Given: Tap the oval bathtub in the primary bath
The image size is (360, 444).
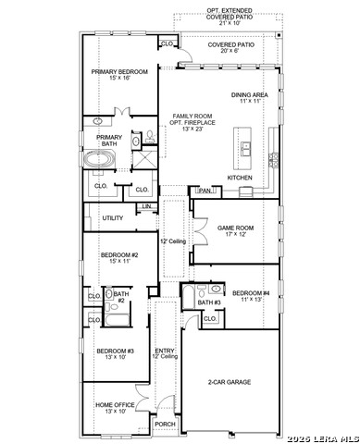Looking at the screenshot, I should click(x=99, y=160).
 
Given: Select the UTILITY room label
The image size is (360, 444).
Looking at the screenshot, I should click(x=112, y=218).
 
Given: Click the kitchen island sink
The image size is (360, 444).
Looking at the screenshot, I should click(x=246, y=147).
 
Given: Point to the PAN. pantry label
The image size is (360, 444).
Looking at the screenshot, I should click(x=205, y=191).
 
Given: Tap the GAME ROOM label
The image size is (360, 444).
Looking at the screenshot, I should click(x=235, y=228).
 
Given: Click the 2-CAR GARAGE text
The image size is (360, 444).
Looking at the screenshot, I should click(x=230, y=381).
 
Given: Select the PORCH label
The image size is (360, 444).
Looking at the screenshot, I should click(x=165, y=424).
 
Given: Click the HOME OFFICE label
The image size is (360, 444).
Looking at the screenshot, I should click(x=115, y=405).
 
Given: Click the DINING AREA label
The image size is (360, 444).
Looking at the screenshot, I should click(x=250, y=96).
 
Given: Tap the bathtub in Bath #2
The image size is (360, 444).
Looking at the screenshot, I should click(x=118, y=322).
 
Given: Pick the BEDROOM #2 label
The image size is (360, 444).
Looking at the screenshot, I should click(x=119, y=257).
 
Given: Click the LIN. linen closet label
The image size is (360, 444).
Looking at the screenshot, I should click(x=146, y=205).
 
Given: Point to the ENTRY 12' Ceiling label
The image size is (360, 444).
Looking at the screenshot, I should click(x=165, y=353).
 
